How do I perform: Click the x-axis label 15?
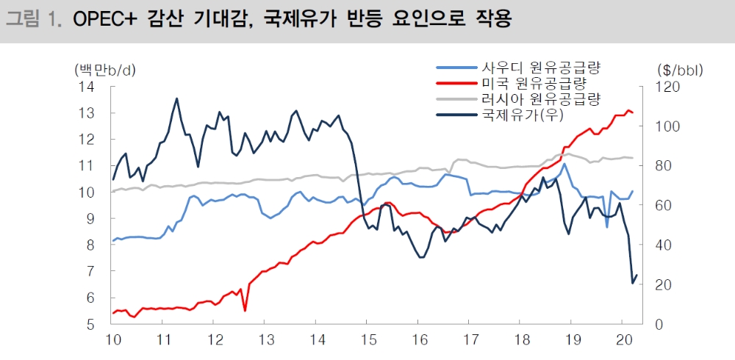pos(368,340)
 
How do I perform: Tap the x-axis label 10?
pos(113,340)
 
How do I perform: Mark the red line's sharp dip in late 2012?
pos(245,311)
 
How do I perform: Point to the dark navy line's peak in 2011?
pos(176,98)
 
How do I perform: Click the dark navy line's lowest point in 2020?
pos(632,283)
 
